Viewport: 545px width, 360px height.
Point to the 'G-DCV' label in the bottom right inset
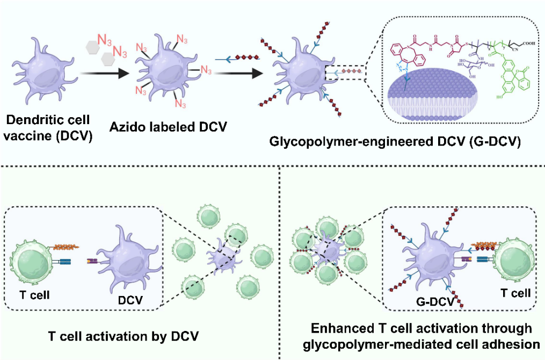point(433,301)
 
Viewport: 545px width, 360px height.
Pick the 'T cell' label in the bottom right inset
point(515,293)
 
